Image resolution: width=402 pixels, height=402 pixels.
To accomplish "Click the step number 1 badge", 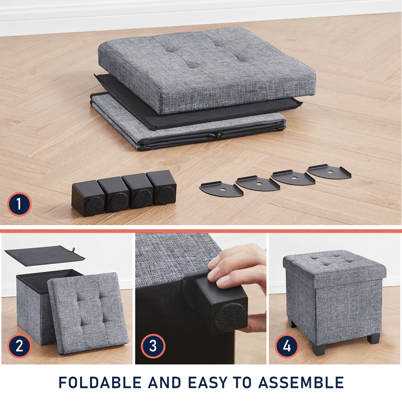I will click(x=19, y=204).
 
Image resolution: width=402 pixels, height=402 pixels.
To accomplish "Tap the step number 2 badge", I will click(x=19, y=346).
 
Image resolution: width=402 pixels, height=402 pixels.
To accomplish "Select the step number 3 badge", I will click(x=153, y=346).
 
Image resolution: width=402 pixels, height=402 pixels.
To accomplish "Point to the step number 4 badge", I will click(x=287, y=346).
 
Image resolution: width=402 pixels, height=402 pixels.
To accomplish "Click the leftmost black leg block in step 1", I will click(x=88, y=198).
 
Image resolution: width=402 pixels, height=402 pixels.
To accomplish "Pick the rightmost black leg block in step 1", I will click(x=162, y=187).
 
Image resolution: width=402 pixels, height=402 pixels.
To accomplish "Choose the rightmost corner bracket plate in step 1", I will click(x=329, y=172).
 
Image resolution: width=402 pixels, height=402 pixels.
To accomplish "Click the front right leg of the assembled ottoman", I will click(x=373, y=338).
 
